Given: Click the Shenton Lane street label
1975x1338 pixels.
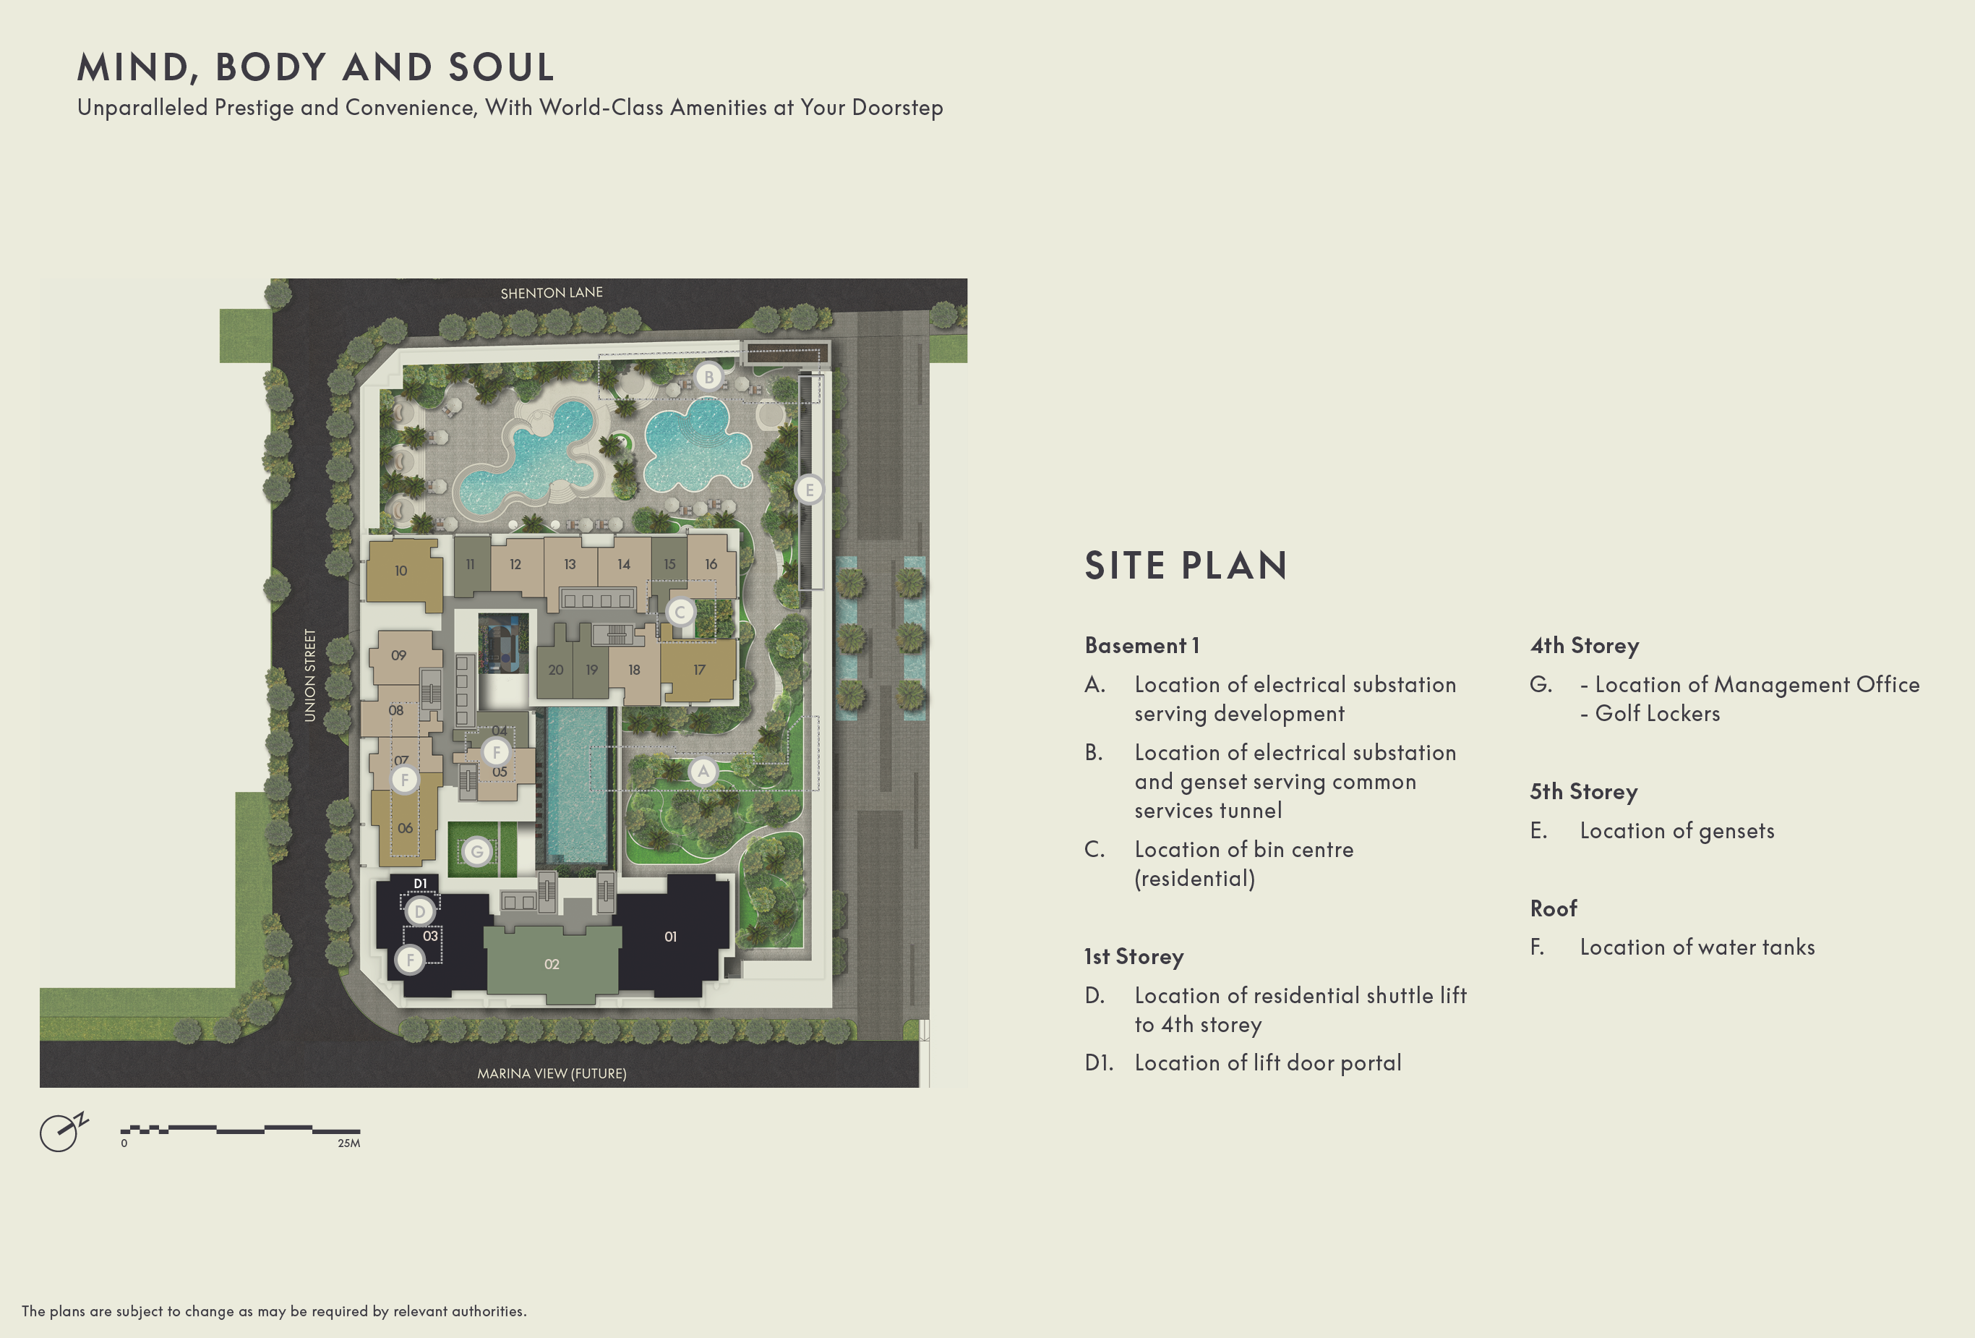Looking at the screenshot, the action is click(x=552, y=292).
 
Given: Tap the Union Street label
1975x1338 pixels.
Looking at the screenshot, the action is click(x=310, y=676).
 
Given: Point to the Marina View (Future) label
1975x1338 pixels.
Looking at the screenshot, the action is click(x=552, y=1073).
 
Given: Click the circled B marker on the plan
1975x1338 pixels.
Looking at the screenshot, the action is click(x=708, y=377).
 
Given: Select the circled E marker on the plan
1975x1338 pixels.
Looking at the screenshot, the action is click(x=809, y=490).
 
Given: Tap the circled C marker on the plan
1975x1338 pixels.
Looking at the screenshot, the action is click(x=680, y=612).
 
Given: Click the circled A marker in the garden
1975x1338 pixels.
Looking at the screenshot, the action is click(x=703, y=772).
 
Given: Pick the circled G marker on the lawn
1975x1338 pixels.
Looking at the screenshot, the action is click(x=476, y=852).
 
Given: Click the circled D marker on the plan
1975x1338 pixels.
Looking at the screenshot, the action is click(x=419, y=912).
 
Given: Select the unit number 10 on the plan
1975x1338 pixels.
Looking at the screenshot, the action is click(x=400, y=571).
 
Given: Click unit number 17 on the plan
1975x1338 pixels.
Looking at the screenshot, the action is click(x=698, y=670).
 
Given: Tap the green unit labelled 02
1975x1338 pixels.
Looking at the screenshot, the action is click(x=552, y=964).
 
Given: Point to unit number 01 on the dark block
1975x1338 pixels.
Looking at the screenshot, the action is click(x=671, y=937).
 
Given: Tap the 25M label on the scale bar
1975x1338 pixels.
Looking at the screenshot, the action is click(x=348, y=1143).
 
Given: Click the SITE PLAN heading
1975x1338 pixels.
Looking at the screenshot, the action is click(x=1186, y=566).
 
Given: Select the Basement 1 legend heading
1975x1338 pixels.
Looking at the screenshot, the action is click(x=1142, y=645).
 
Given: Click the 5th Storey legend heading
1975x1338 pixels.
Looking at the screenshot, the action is click(x=1583, y=791).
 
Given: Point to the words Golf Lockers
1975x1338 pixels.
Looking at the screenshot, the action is click(x=1657, y=713).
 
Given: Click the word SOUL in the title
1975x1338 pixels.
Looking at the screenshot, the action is click(x=502, y=67).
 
